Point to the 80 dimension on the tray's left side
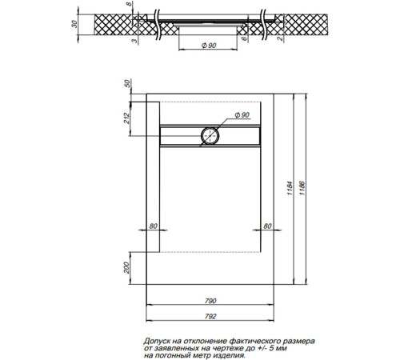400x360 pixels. [153, 225]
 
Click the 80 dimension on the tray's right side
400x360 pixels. [266, 225]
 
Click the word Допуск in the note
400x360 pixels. [160, 340]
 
